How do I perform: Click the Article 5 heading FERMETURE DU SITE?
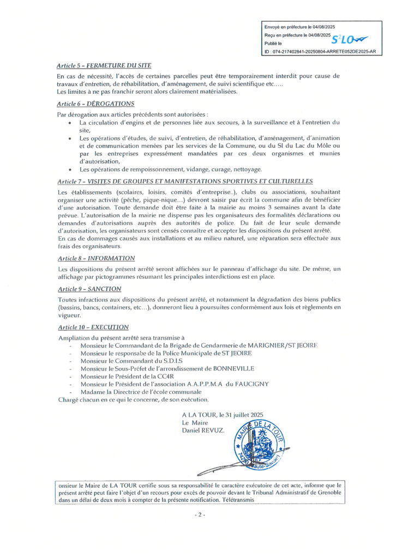pyautogui.click(x=104, y=65)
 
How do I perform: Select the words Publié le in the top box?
pyautogui.click(x=273, y=43)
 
